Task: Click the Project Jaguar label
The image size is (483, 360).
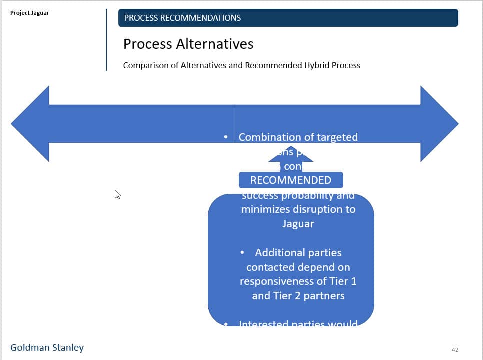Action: coord(30,13)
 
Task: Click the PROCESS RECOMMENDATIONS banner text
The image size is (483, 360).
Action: coord(182,18)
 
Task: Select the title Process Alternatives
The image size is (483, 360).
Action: coord(188,44)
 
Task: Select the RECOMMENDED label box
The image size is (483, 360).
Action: coord(291,180)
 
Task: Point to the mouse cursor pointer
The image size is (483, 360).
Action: coord(117,194)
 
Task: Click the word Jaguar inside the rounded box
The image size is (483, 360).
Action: coord(298,224)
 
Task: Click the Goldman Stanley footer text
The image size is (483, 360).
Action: coord(47,348)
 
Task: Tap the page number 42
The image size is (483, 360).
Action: coord(454,350)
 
